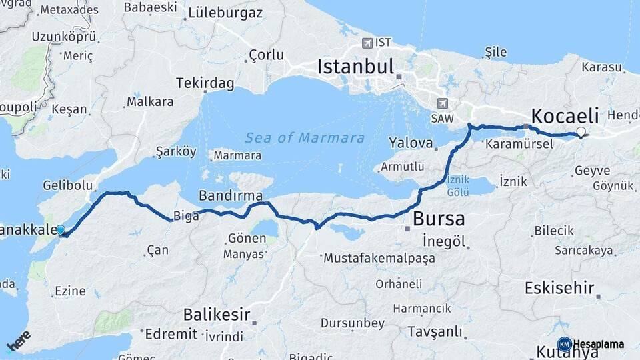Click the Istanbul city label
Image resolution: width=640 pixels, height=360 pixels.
356,67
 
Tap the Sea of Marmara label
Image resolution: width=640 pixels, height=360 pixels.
305,138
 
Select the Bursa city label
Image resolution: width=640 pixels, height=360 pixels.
439,219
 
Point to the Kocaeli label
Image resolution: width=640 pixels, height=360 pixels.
565,113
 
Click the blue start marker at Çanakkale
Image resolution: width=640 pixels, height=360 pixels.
61,231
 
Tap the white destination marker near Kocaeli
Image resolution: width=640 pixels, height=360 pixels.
581,132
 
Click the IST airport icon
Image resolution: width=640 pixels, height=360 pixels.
367,43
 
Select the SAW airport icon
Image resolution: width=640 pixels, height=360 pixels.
441,103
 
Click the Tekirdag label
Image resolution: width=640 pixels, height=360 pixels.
205,83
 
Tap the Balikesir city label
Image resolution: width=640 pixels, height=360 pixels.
217,314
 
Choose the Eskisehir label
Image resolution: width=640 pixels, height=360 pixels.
559,288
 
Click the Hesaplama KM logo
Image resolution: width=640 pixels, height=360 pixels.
591,344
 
